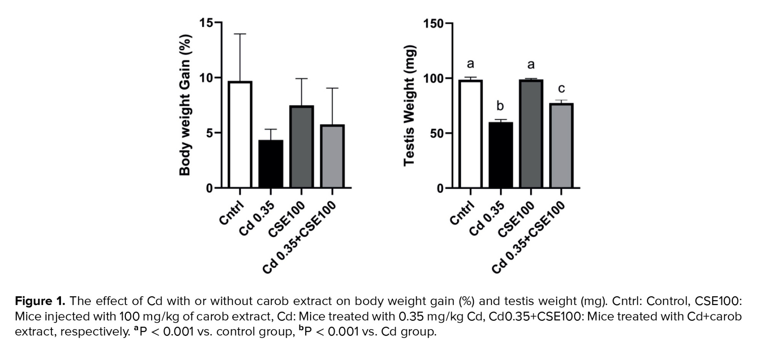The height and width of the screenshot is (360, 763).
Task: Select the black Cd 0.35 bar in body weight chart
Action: point(271,164)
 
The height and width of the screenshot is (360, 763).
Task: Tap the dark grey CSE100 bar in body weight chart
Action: point(301,147)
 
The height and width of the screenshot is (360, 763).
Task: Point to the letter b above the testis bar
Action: point(500,106)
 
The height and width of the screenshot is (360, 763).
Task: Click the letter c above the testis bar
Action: point(561,88)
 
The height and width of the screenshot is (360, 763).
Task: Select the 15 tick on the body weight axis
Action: point(206,23)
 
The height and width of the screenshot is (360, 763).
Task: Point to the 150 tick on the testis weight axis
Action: point(433,24)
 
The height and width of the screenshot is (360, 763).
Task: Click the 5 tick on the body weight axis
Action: point(209,133)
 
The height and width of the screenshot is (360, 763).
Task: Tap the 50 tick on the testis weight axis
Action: point(437,133)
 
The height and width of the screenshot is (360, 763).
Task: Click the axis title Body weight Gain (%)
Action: point(185,105)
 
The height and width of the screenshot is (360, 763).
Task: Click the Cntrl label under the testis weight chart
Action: point(462,213)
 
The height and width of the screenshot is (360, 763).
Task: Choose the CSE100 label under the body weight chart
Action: point(287,219)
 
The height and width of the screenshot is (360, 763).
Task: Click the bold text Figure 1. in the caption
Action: point(40,301)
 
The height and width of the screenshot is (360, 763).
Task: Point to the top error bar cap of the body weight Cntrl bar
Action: point(240,34)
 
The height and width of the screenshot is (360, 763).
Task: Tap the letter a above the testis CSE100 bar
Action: point(531,64)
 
